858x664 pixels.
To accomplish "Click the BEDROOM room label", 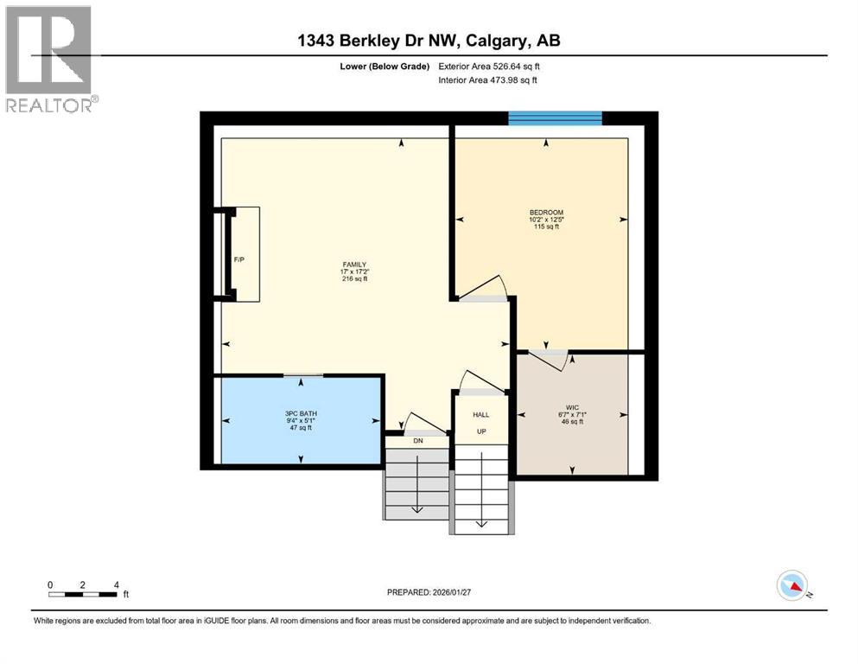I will [546, 213].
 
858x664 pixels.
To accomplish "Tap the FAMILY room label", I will [354, 265].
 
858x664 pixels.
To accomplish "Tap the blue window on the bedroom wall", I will [555, 118].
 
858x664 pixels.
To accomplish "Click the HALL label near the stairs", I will [480, 415].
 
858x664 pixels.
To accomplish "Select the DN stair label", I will [417, 441].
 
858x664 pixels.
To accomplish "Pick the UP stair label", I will [480, 431].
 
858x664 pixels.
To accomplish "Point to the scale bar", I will [83, 594].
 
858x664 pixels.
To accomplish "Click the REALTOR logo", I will [49, 59].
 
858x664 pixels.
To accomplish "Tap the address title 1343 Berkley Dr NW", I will [429, 41].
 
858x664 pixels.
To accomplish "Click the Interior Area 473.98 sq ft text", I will [488, 80].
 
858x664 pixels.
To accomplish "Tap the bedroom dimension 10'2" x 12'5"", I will [546, 220].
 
